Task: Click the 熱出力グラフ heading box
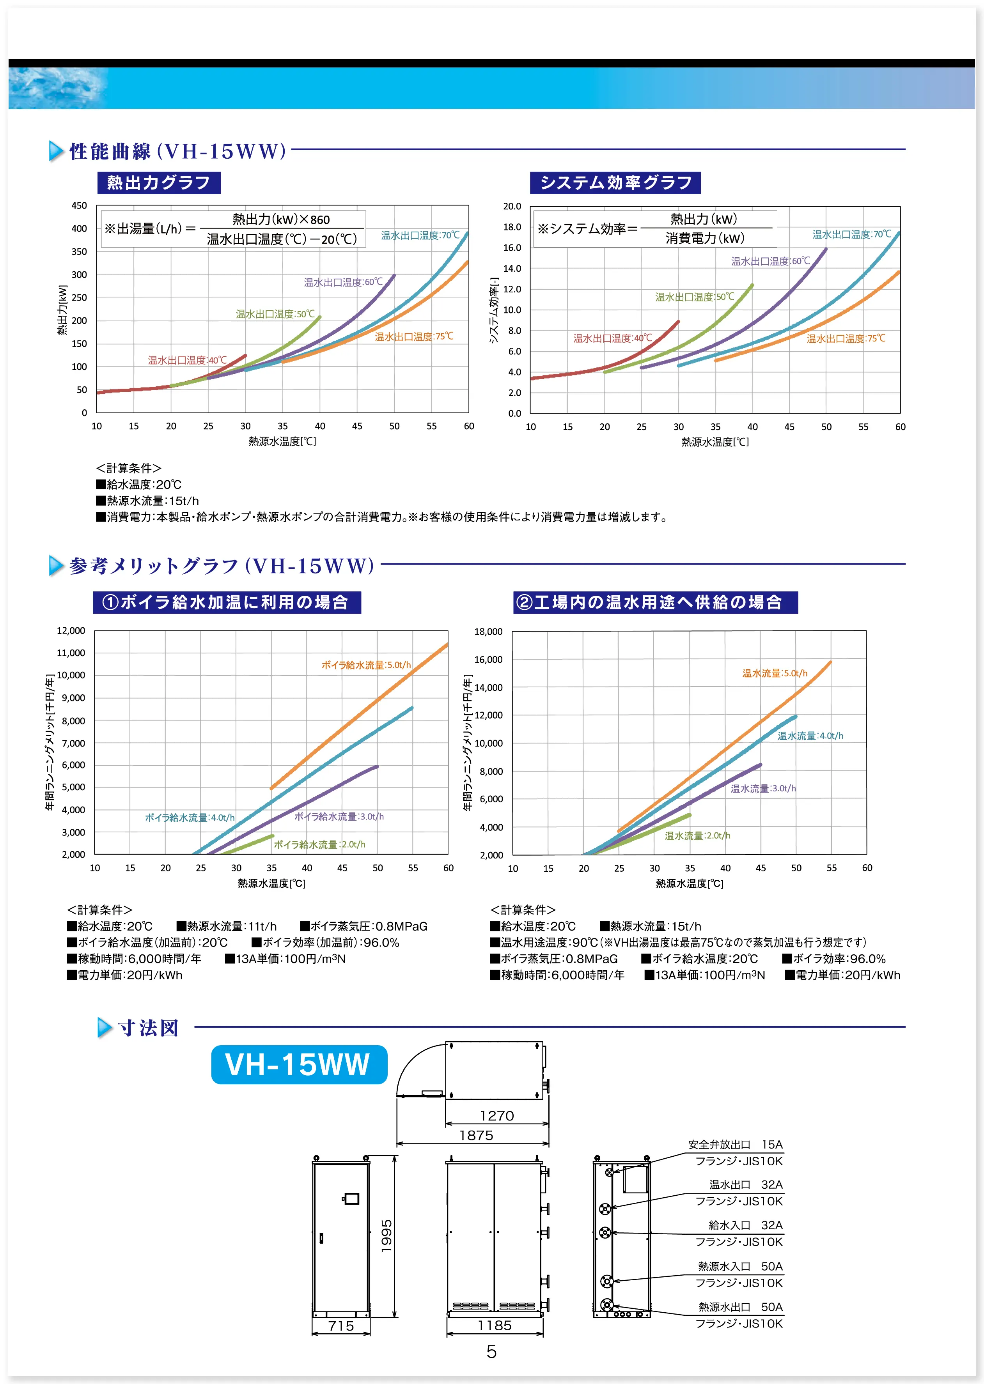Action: point(159,182)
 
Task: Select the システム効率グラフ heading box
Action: point(615,182)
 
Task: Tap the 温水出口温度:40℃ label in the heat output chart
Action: point(187,360)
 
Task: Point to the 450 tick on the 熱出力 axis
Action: point(80,206)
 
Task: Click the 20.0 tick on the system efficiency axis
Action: point(512,207)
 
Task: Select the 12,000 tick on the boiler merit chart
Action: point(71,630)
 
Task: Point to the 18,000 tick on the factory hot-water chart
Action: point(488,632)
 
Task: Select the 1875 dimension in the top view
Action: point(476,1135)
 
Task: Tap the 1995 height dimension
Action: point(387,1235)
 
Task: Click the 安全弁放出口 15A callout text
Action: point(735,1145)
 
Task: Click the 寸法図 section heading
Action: point(149,1028)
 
